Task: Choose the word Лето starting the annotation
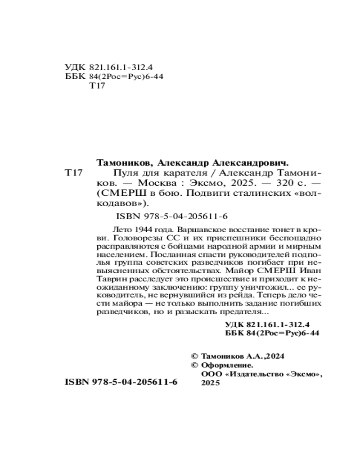coord(118,229)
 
